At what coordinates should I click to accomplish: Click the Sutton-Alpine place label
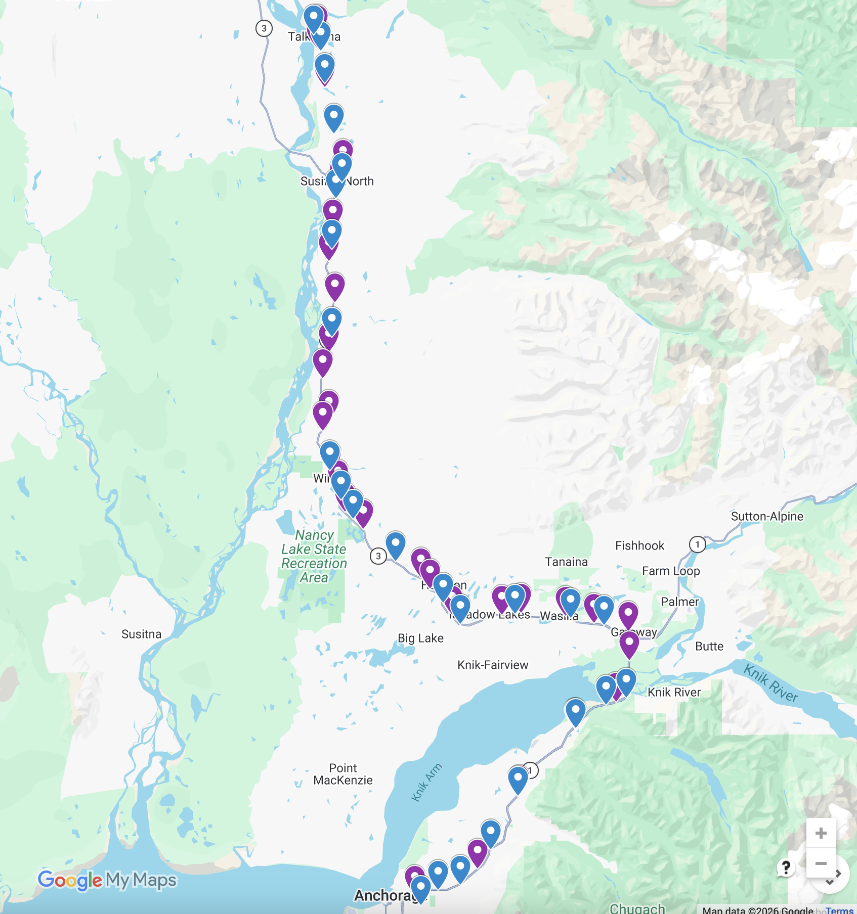click(767, 516)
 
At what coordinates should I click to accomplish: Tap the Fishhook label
click(639, 545)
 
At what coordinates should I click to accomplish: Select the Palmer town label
click(679, 602)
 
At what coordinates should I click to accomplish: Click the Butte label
click(709, 646)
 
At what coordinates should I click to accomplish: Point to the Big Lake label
click(420, 638)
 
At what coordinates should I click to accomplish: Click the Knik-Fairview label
click(493, 665)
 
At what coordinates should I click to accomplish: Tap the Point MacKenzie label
click(343, 774)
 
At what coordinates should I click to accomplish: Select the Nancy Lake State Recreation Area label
click(314, 556)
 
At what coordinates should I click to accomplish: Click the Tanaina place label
click(566, 562)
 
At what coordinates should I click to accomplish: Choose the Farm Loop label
click(671, 571)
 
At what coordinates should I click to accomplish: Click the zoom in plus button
click(821, 833)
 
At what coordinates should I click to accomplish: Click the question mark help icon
click(786, 868)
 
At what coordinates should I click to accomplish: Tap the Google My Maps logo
click(107, 880)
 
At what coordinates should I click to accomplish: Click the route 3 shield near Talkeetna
click(264, 28)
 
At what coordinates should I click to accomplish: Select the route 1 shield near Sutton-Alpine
click(697, 544)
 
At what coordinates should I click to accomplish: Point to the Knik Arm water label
click(426, 783)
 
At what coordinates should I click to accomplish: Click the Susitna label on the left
click(141, 634)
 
